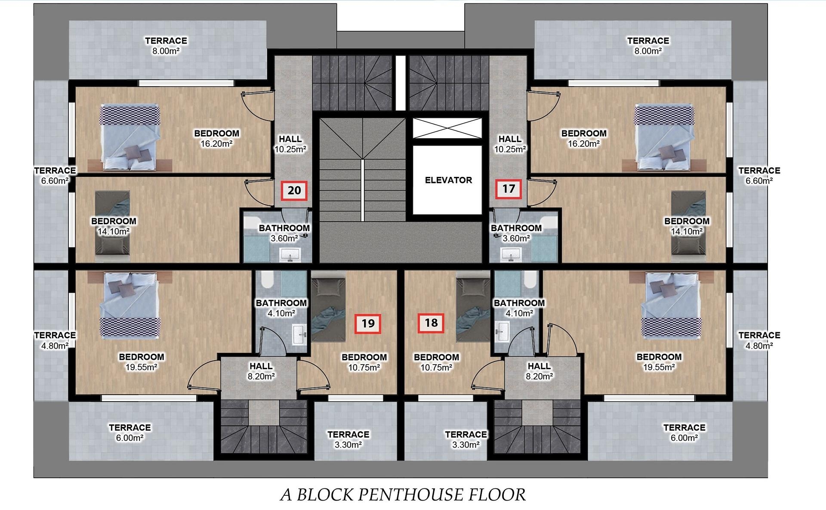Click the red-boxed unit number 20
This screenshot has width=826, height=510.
[294, 190]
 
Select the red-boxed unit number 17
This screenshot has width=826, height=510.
[509, 189]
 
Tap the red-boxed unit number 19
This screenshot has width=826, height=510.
[368, 323]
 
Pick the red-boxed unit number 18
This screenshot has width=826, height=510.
[431, 323]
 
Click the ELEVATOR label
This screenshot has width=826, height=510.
[448, 180]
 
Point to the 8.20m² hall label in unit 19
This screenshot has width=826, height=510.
[261, 371]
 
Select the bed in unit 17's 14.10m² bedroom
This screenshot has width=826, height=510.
[688, 226]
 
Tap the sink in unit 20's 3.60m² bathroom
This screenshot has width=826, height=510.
[291, 255]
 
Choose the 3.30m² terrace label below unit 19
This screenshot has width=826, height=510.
[348, 439]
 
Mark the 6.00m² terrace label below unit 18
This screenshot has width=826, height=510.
[684, 433]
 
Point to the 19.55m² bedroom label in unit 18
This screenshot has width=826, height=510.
[659, 362]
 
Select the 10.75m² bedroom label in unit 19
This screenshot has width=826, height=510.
[364, 362]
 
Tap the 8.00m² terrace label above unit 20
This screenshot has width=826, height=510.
[166, 46]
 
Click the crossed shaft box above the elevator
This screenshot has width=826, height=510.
[447, 128]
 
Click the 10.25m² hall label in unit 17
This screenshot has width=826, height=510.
[510, 144]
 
